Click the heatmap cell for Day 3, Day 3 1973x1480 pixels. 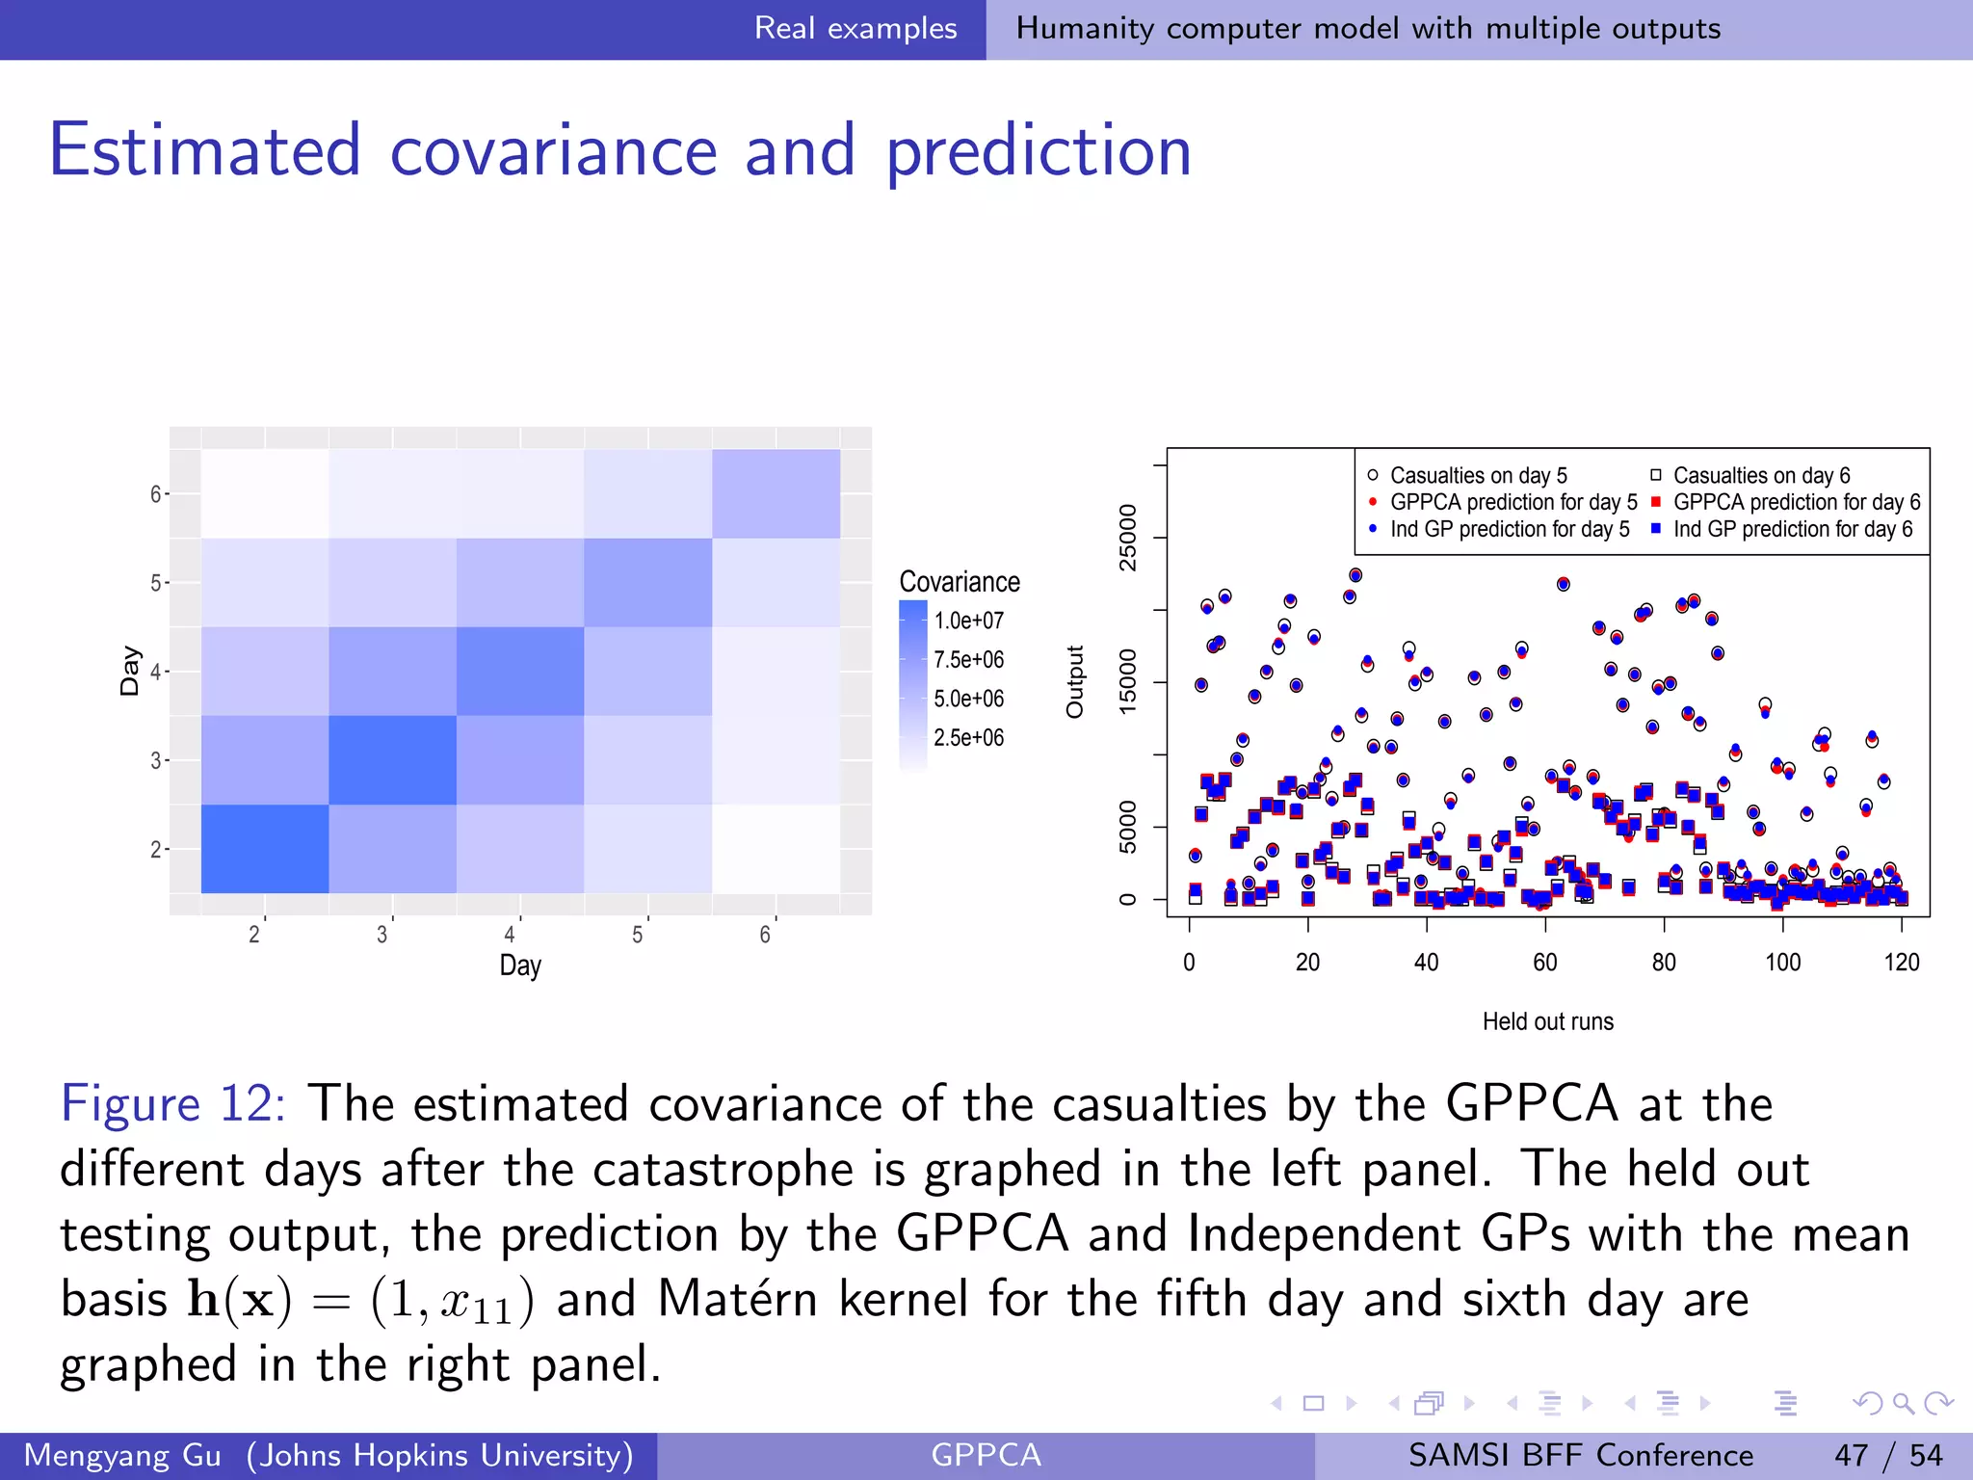pyautogui.click(x=392, y=759)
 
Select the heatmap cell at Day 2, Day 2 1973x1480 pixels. pyautogui.click(x=265, y=848)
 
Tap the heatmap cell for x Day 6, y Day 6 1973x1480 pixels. pyautogui.click(x=776, y=493)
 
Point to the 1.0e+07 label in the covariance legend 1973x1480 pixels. pyautogui.click(x=968, y=621)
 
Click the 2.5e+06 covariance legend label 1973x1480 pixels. pyautogui.click(x=968, y=738)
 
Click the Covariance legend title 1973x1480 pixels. pyautogui.click(x=959, y=582)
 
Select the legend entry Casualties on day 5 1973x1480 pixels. pyautogui.click(x=1478, y=476)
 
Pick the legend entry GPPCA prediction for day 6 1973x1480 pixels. pyautogui.click(x=1796, y=502)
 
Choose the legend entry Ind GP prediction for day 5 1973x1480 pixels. pyautogui.click(x=1509, y=529)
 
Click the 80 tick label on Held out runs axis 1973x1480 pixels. pyautogui.click(x=1664, y=962)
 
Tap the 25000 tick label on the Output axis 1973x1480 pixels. pyautogui.click(x=1127, y=538)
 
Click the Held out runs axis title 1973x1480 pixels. pyautogui.click(x=1547, y=1021)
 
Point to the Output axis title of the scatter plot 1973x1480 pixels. pyautogui.click(x=1075, y=682)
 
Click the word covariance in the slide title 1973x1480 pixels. pyautogui.click(x=554, y=151)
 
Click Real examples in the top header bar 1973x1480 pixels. pyautogui.click(x=855, y=29)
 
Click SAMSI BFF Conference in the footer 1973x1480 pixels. pyautogui.click(x=1580, y=1455)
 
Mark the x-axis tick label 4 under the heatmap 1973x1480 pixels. pyautogui.click(x=510, y=935)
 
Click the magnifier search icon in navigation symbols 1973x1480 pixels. pyautogui.click(x=1903, y=1403)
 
